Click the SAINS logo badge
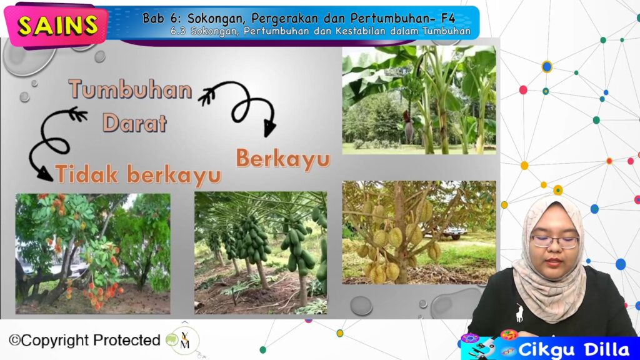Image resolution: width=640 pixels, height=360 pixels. pos(56,26)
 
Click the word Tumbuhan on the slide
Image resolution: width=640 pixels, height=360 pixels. pos(130,89)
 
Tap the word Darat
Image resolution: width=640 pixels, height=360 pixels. pos(135,123)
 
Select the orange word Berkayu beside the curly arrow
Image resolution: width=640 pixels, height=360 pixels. pos(283,159)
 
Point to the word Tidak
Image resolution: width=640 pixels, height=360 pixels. pos(87,174)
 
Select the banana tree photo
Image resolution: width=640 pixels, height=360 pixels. pos(419,100)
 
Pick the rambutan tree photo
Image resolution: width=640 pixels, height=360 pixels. pos(93,254)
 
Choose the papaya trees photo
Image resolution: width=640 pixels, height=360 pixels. pos(261,253)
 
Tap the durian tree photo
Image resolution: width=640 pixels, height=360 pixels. pos(419,232)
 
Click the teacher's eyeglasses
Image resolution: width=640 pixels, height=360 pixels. pos(555,242)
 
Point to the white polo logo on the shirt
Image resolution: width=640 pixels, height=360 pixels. pos(519,312)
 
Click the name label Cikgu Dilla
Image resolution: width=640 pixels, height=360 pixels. pos(574,350)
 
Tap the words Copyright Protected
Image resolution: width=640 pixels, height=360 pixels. pos(84,340)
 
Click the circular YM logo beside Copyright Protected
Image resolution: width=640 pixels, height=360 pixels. pos(184,341)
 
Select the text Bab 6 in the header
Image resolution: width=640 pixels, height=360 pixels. pos(162,18)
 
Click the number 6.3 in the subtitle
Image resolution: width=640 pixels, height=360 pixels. pos(178,31)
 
